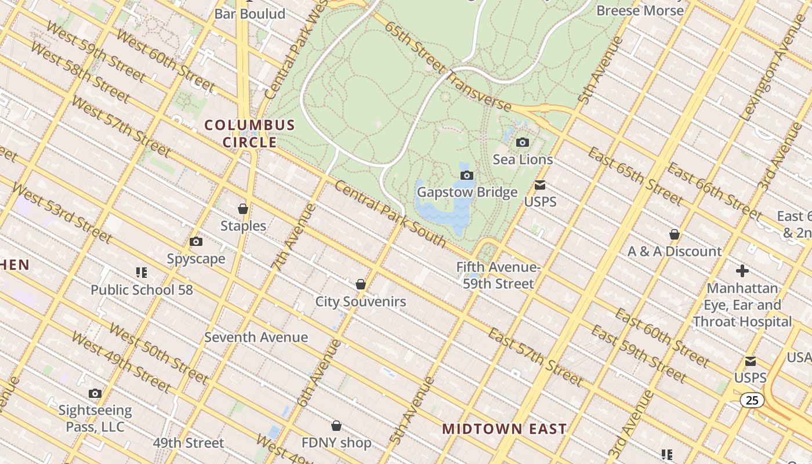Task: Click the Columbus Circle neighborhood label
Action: (250, 133)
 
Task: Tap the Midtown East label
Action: (504, 429)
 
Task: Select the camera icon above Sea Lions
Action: (523, 142)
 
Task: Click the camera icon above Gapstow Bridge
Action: (467, 175)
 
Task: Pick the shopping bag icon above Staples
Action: (243, 209)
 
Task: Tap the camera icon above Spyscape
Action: (196, 241)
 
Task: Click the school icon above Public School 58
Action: (142, 272)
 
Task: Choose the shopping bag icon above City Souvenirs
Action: (361, 284)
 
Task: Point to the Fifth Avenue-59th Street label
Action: (498, 275)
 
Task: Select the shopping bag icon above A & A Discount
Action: (675, 234)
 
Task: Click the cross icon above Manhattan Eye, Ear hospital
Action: (742, 271)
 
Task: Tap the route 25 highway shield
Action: (752, 400)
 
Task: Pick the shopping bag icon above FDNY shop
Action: (336, 426)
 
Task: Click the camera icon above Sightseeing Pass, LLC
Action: (95, 394)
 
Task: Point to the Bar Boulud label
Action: (250, 14)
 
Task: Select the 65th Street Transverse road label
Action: (447, 67)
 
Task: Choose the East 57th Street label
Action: (535, 357)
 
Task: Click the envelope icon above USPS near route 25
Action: (751, 361)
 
